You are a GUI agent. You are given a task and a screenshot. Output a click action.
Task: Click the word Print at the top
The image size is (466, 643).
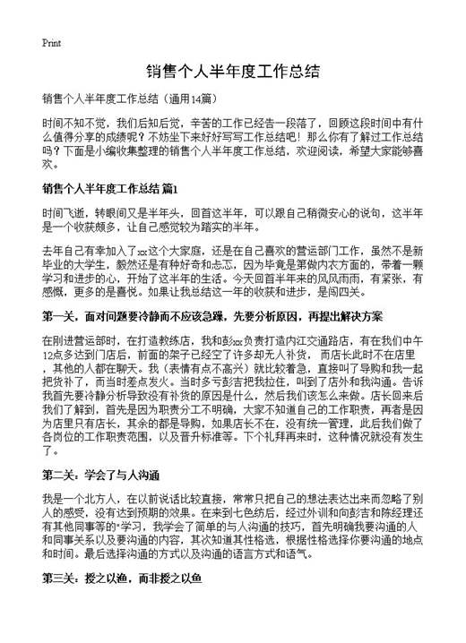coord(51,43)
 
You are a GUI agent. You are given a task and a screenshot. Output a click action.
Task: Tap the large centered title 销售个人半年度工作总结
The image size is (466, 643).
coord(232,71)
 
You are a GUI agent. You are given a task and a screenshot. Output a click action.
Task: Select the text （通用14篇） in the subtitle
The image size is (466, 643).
coord(185,98)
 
